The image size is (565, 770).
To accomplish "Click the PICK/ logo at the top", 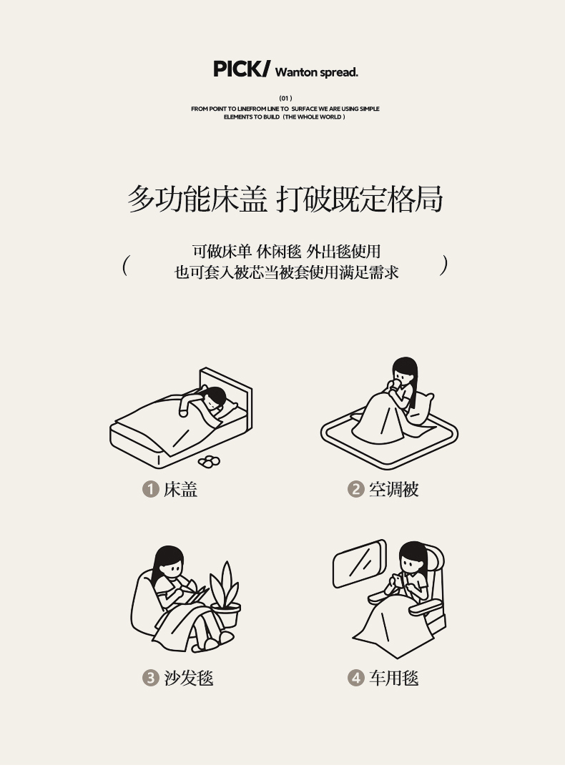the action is pyautogui.click(x=242, y=69).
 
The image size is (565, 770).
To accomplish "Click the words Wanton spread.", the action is pyautogui.click(x=316, y=72).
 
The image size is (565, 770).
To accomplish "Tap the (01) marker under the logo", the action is pyautogui.click(x=285, y=98).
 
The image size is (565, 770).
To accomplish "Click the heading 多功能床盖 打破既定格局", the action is pyautogui.click(x=285, y=199).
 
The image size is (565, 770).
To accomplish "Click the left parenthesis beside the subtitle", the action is pyautogui.click(x=126, y=265).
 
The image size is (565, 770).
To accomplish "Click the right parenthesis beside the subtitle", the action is pyautogui.click(x=444, y=265).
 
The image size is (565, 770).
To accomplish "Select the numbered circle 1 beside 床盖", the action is pyautogui.click(x=151, y=489).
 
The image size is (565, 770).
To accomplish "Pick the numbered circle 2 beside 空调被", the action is pyautogui.click(x=355, y=489).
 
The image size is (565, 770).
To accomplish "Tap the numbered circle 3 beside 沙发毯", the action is pyautogui.click(x=151, y=678).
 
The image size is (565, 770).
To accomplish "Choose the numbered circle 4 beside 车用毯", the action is pyautogui.click(x=355, y=678).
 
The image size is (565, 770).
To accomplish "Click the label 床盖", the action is pyautogui.click(x=181, y=489).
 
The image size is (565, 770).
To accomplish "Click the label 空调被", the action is pyautogui.click(x=394, y=489).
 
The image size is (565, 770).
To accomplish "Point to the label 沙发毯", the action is pyautogui.click(x=189, y=678).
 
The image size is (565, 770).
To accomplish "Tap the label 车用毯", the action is pyautogui.click(x=394, y=678).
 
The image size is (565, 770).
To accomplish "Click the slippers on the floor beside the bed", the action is pyautogui.click(x=209, y=461).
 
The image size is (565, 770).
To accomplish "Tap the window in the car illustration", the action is pyautogui.click(x=359, y=563).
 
